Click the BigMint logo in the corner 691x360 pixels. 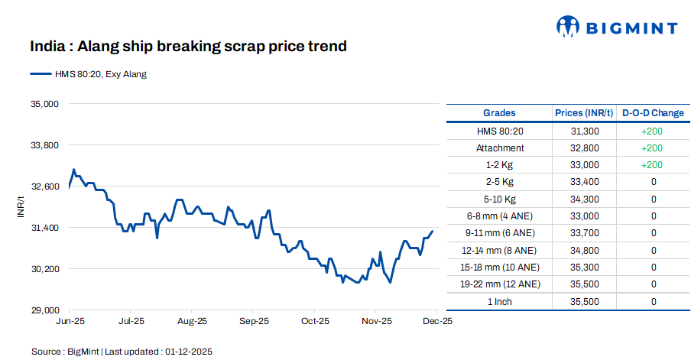point(616,28)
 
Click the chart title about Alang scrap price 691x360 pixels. point(188,47)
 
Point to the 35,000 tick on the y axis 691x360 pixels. point(45,103)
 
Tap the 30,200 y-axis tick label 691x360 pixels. point(45,269)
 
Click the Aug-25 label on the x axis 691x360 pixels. point(192,322)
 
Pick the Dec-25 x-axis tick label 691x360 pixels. point(438,322)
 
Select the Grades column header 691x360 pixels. point(499,113)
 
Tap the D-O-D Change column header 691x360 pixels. point(653,113)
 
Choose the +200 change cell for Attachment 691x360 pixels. point(652,148)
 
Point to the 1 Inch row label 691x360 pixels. point(500,302)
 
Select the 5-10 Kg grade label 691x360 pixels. point(500,199)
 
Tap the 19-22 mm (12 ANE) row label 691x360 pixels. point(500,284)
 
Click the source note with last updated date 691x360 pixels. point(122,352)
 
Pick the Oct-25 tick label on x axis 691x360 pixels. point(315,322)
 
